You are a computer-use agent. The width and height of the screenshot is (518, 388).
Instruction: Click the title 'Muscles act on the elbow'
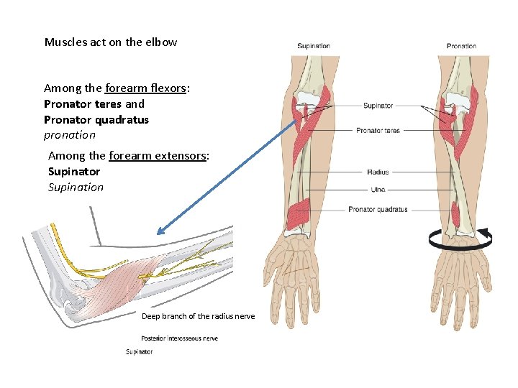(111, 42)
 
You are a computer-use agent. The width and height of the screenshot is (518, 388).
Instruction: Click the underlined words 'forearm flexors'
(147, 88)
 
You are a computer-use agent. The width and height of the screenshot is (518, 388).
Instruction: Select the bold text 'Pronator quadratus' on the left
(96, 119)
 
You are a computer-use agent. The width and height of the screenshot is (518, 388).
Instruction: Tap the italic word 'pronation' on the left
(70, 134)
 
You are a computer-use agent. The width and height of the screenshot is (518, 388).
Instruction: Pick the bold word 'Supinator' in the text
(74, 172)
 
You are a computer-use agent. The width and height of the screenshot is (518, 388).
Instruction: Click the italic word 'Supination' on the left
(76, 187)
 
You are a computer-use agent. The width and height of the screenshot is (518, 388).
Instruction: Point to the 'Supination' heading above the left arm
(314, 46)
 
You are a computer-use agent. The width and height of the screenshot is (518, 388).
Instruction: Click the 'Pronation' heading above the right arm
(461, 46)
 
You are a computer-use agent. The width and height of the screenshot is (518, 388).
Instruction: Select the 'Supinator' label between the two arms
(378, 106)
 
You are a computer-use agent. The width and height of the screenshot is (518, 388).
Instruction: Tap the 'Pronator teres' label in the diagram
(378, 131)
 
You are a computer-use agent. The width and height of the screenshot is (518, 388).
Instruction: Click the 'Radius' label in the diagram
(378, 172)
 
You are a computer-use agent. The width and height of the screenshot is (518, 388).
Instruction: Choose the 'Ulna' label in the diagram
(378, 190)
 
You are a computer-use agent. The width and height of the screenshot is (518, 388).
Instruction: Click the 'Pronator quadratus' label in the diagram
(378, 210)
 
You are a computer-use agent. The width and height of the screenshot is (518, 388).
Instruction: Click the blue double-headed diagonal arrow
(227, 177)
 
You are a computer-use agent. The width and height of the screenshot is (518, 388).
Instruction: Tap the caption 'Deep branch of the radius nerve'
(198, 316)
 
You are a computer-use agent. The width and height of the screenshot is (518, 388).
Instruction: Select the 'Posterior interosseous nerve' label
(180, 338)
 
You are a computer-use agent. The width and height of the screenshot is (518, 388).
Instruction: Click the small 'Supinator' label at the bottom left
(139, 352)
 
